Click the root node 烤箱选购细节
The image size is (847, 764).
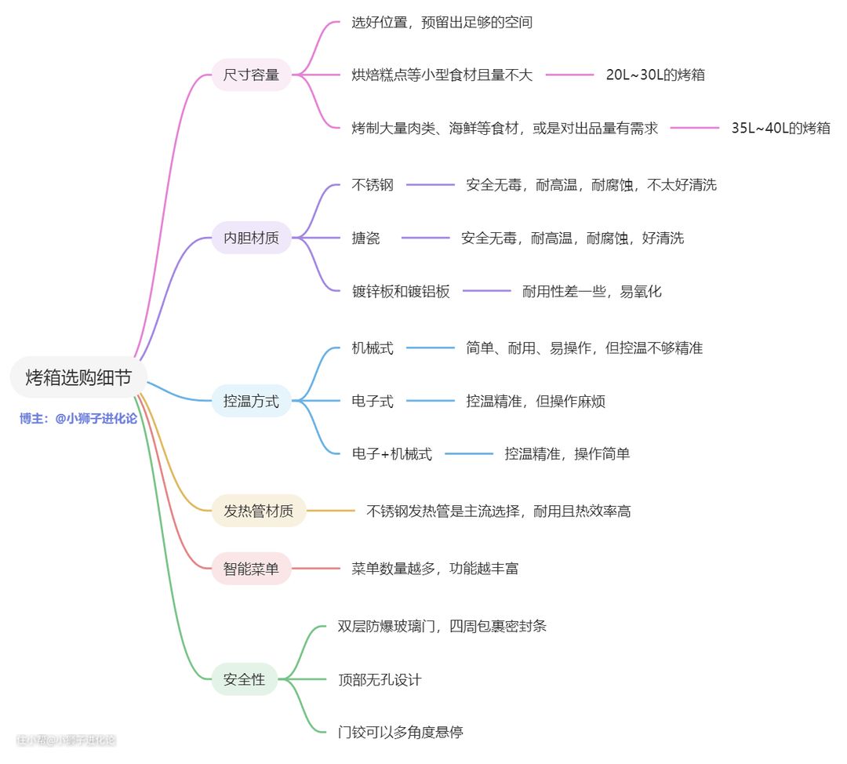[x=78, y=377]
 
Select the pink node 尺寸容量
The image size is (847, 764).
[x=251, y=75]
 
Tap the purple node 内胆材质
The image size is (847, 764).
[x=251, y=238]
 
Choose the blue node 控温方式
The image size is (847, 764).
[x=251, y=401]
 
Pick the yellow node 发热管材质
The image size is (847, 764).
[x=258, y=511]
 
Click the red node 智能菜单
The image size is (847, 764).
[x=251, y=569]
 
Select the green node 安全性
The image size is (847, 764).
[x=244, y=679]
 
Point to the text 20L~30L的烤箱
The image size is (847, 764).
[x=655, y=75]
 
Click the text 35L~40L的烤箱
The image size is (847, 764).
[x=780, y=128]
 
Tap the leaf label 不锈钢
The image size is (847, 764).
[x=373, y=185]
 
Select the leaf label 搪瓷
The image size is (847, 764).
[x=365, y=238]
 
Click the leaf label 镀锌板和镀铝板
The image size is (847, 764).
[x=401, y=291]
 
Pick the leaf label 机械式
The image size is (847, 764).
[x=373, y=348]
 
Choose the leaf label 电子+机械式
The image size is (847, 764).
[x=391, y=453]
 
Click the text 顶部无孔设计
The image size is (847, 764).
[x=380, y=679]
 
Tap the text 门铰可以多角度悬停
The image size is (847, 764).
[x=400, y=733]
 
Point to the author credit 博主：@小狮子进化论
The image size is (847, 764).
[x=78, y=419]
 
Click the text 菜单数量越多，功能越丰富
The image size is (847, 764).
[x=434, y=569]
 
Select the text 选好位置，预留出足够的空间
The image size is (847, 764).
[x=442, y=23]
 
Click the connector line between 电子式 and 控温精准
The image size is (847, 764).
[x=430, y=402]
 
